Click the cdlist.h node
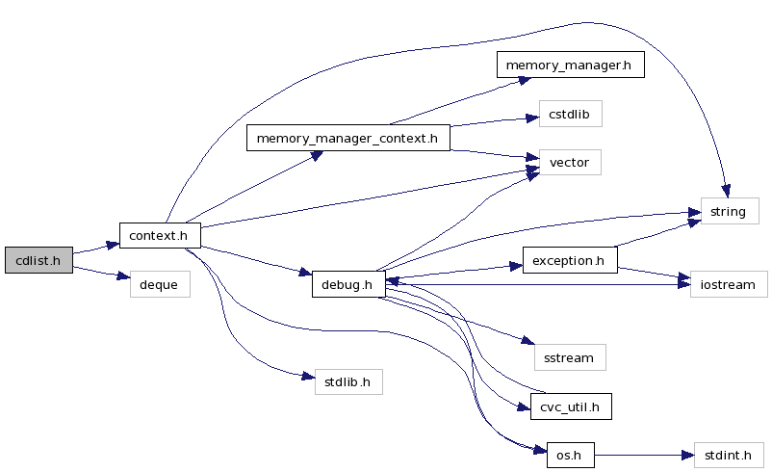[x=39, y=259]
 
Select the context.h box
[x=159, y=235]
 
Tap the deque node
[x=160, y=284]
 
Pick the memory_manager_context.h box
[x=348, y=138]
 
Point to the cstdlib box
[x=570, y=114]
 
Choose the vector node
[x=569, y=162]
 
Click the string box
[x=728, y=211]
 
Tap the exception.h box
[x=569, y=260]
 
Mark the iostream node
[x=729, y=284]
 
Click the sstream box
[x=569, y=357]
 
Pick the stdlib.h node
[x=348, y=381]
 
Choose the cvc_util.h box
[x=571, y=406]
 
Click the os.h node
[x=570, y=455]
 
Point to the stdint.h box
[x=729, y=455]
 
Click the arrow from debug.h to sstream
[x=452, y=320]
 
